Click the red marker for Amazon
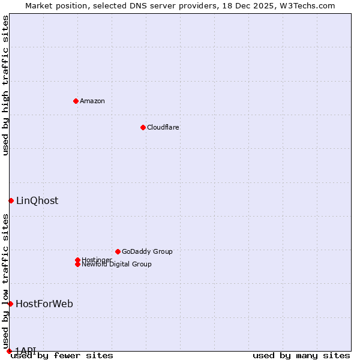76,101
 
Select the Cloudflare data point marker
143,127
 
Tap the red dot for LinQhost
11,200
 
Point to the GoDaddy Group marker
118,251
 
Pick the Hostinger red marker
77,260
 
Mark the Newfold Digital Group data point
77,264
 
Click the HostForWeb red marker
10,304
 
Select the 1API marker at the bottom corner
9,351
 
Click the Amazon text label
92,101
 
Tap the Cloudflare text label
163,127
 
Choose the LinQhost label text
37,200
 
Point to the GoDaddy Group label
147,251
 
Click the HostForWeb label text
44,304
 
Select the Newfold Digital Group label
117,265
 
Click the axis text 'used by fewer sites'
62,356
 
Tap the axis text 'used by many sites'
301,356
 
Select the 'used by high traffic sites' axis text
5,85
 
